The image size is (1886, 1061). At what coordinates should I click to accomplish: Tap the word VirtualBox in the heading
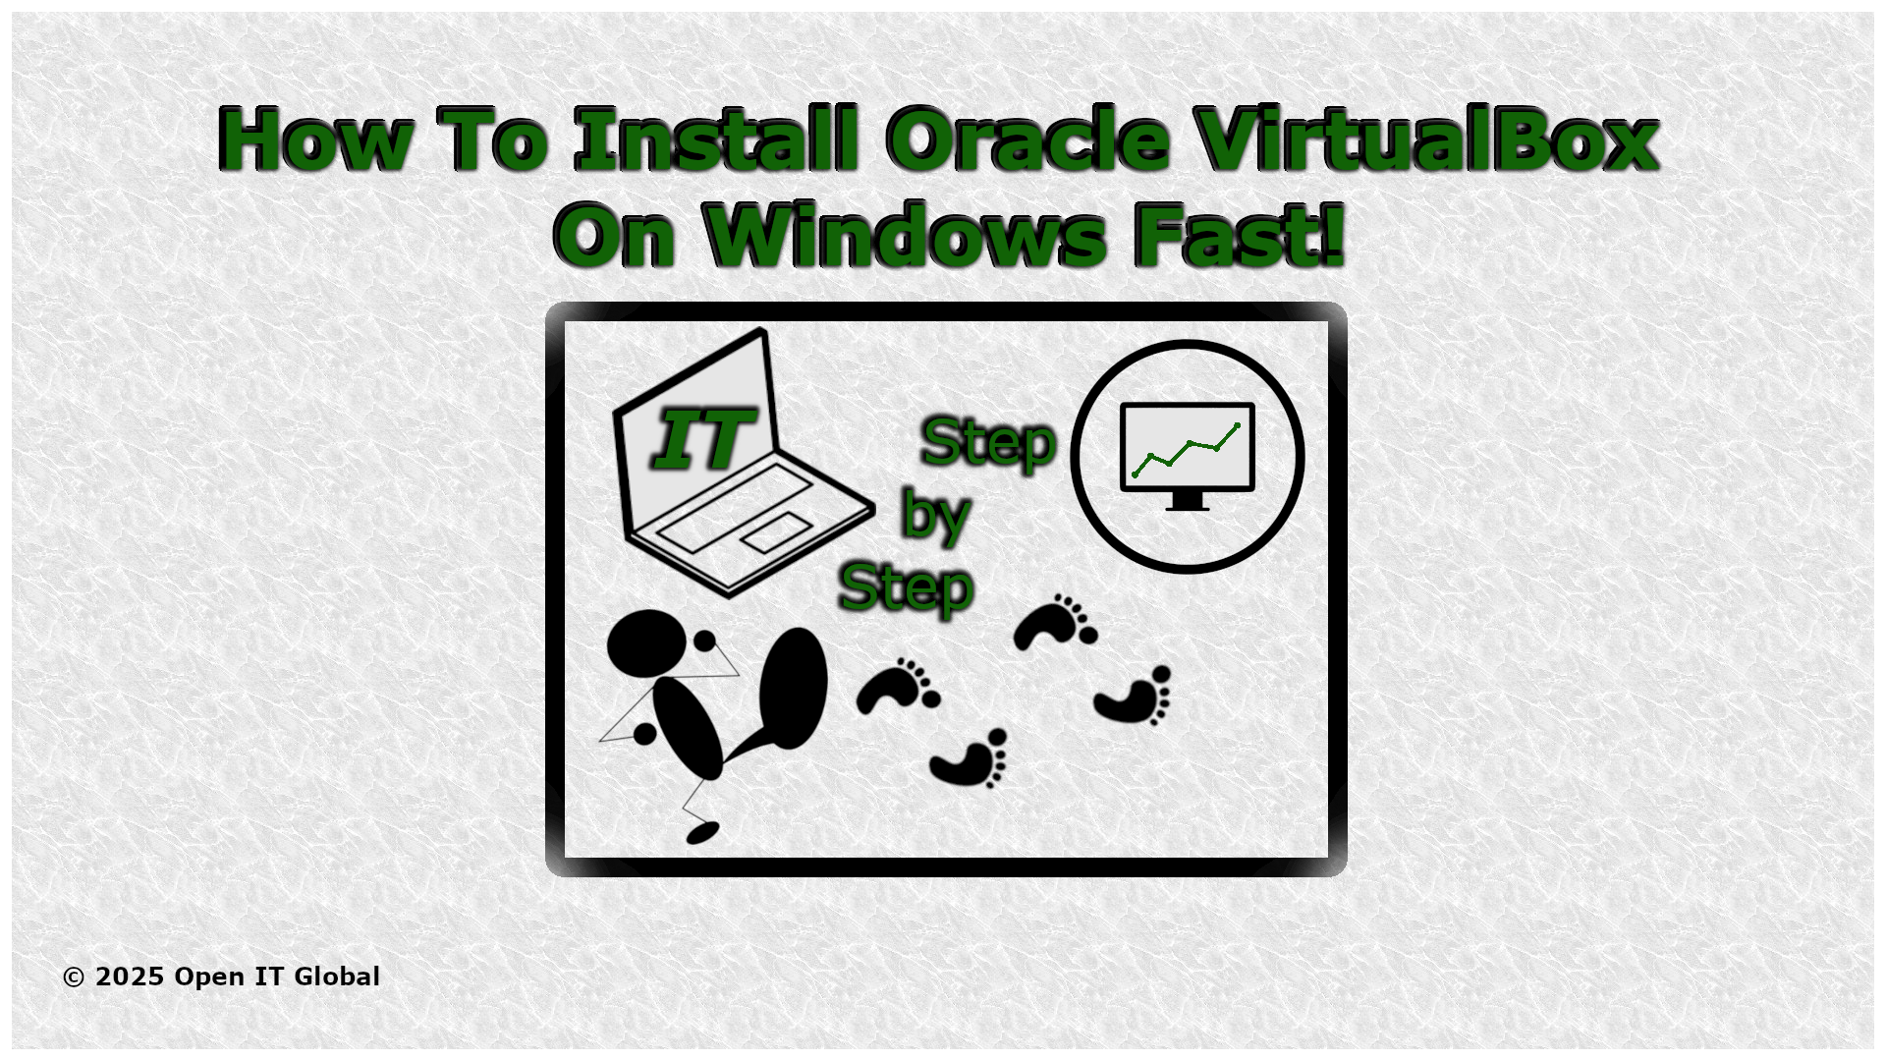click(1426, 140)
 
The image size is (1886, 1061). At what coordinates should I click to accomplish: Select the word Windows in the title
click(905, 236)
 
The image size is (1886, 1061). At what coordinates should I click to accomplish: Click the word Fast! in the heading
click(1238, 236)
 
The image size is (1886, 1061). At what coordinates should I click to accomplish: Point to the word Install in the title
click(716, 140)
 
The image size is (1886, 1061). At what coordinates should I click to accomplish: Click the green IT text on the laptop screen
click(703, 439)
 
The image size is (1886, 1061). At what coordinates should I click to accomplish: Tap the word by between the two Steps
click(935, 514)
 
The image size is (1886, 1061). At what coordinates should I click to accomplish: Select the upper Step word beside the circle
click(988, 442)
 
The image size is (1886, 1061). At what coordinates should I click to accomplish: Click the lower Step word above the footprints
click(906, 587)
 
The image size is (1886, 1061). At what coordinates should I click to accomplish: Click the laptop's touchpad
click(776, 532)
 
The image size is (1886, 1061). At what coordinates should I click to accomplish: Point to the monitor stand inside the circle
click(1187, 500)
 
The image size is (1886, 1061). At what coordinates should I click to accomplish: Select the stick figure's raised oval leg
click(793, 688)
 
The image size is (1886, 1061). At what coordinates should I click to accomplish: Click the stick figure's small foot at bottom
click(702, 833)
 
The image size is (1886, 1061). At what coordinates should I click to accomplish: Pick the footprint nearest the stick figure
click(897, 686)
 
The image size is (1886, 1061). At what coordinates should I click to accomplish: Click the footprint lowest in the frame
click(971, 759)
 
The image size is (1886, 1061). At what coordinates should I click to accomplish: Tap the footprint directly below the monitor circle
click(1135, 697)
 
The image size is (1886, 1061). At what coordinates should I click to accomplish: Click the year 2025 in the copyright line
click(130, 977)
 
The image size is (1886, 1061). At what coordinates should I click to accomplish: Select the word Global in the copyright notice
click(337, 977)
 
